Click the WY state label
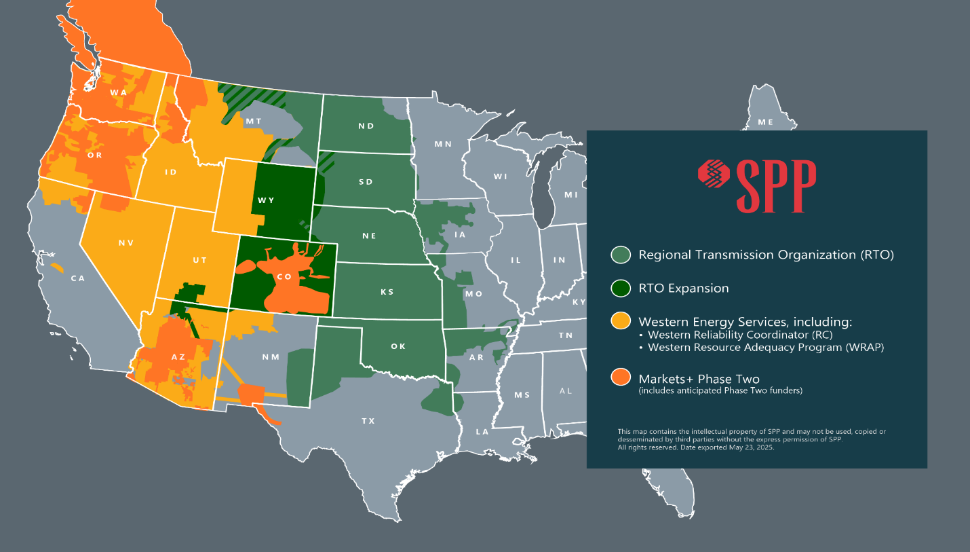point(266,200)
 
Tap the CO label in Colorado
point(284,276)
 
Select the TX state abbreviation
point(368,421)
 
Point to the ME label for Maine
point(765,122)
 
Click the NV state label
point(125,242)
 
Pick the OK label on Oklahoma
point(398,346)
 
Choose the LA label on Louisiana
point(482,431)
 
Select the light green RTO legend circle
point(620,255)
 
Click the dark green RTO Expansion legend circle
point(620,289)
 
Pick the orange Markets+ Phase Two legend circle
point(620,378)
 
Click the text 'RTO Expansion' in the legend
point(683,289)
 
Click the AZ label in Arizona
point(178,357)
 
